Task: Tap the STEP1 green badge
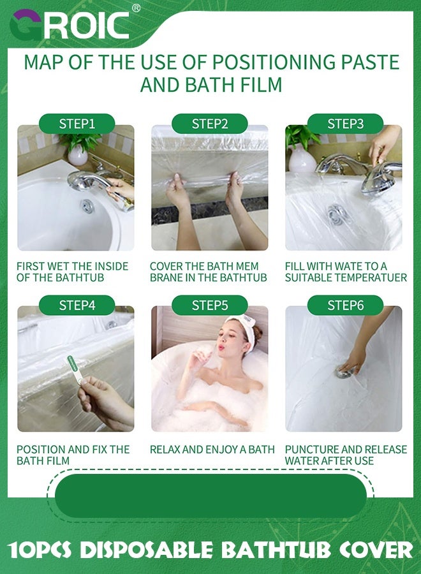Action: pyautogui.click(x=77, y=124)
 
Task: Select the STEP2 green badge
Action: pyautogui.click(x=210, y=124)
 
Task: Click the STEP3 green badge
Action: pyautogui.click(x=345, y=124)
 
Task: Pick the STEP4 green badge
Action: pyautogui.click(x=77, y=305)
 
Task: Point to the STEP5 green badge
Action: pyautogui.click(x=210, y=305)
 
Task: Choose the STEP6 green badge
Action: pyautogui.click(x=345, y=305)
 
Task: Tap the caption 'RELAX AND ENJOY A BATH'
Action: pyautogui.click(x=212, y=450)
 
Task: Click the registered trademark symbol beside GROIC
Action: pyautogui.click(x=136, y=8)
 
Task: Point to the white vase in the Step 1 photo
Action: pyautogui.click(x=78, y=155)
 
